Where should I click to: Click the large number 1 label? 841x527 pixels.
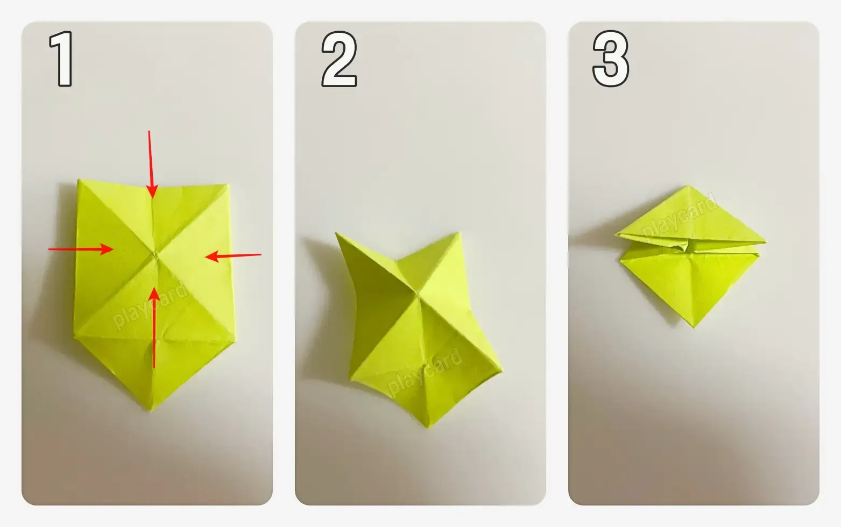(61, 59)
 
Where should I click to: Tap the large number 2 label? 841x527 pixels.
(339, 59)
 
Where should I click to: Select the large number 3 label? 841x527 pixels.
(611, 59)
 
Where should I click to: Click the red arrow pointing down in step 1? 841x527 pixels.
(151, 164)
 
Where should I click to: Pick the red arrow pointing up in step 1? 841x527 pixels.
(154, 327)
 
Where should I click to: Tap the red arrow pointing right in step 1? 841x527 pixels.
(81, 249)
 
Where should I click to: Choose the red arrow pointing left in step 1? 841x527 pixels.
(233, 256)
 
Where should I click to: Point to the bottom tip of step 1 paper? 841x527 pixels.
(150, 411)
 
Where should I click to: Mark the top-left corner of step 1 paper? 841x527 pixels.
(79, 180)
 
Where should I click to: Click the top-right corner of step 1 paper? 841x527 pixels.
(229, 184)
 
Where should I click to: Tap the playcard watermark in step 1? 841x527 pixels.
(150, 306)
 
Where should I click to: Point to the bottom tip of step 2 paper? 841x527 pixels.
(428, 428)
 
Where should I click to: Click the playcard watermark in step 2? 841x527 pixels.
(424, 372)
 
